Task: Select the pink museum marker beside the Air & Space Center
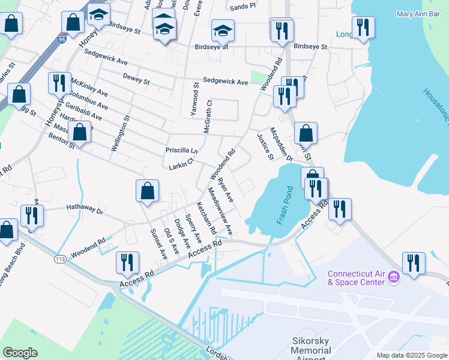click(x=394, y=277)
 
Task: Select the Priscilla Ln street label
click(x=181, y=150)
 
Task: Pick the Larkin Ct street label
click(x=182, y=163)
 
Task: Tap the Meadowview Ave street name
click(x=219, y=211)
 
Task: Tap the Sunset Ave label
click(x=159, y=244)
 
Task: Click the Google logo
click(x=20, y=353)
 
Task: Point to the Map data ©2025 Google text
click(x=411, y=355)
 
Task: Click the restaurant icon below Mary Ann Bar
click(x=363, y=27)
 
